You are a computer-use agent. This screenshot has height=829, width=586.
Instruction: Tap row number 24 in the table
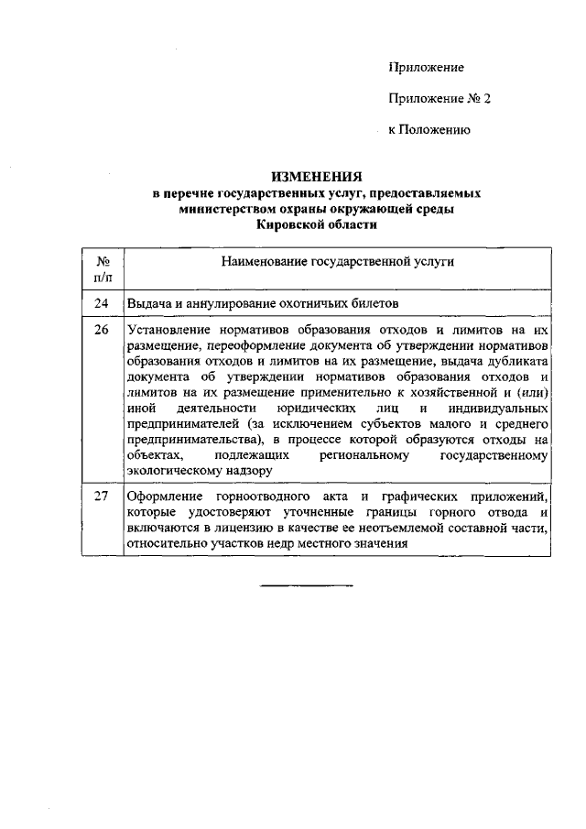click(x=103, y=303)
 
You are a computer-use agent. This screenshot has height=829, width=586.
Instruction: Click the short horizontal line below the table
click(x=307, y=584)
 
